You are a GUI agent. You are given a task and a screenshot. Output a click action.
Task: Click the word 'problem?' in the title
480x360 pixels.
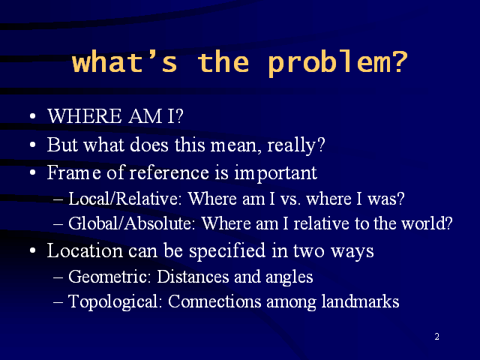pyautogui.click(x=337, y=63)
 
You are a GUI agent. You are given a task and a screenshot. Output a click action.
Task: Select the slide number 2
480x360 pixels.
pyautogui.click(x=436, y=337)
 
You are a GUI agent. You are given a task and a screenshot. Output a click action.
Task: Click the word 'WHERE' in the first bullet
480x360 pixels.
pyautogui.click(x=85, y=116)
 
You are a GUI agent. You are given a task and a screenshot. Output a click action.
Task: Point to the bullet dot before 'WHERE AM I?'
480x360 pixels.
pyautogui.click(x=33, y=116)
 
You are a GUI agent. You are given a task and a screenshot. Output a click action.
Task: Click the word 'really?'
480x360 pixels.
pyautogui.click(x=296, y=145)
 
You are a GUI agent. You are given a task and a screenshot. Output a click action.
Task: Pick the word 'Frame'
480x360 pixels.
pyautogui.click(x=73, y=172)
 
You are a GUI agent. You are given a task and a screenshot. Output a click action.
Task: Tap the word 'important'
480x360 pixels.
pyautogui.click(x=275, y=173)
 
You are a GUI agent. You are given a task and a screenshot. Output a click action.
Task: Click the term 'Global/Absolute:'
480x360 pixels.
pyautogui.click(x=132, y=223)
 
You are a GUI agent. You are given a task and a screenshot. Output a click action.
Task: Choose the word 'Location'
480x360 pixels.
pyautogui.click(x=85, y=250)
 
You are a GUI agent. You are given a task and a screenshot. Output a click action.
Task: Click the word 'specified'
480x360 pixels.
pyautogui.click(x=227, y=251)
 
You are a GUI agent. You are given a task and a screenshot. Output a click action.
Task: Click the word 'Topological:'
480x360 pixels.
pyautogui.click(x=115, y=301)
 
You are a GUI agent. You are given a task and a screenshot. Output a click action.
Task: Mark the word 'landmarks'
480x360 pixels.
pyautogui.click(x=360, y=301)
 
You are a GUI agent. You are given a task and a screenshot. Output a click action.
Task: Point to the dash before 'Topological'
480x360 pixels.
pyautogui.click(x=58, y=302)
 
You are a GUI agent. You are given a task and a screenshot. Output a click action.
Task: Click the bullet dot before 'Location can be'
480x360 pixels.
pyautogui.click(x=33, y=250)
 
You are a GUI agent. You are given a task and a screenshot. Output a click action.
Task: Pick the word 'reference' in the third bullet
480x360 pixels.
pyautogui.click(x=169, y=172)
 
